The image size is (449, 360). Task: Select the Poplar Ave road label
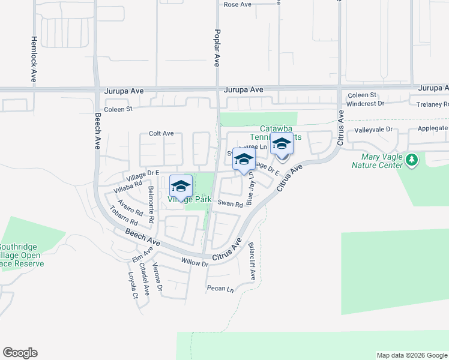217,47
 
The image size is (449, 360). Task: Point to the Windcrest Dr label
365,104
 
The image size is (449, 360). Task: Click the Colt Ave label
161,133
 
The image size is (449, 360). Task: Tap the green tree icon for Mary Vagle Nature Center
411,160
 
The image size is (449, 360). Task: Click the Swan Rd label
230,204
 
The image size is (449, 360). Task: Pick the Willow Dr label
194,263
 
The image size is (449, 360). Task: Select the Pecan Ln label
220,289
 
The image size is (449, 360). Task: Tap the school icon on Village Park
181,186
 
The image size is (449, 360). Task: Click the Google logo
20,353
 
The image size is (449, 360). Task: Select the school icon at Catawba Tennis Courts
281,145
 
